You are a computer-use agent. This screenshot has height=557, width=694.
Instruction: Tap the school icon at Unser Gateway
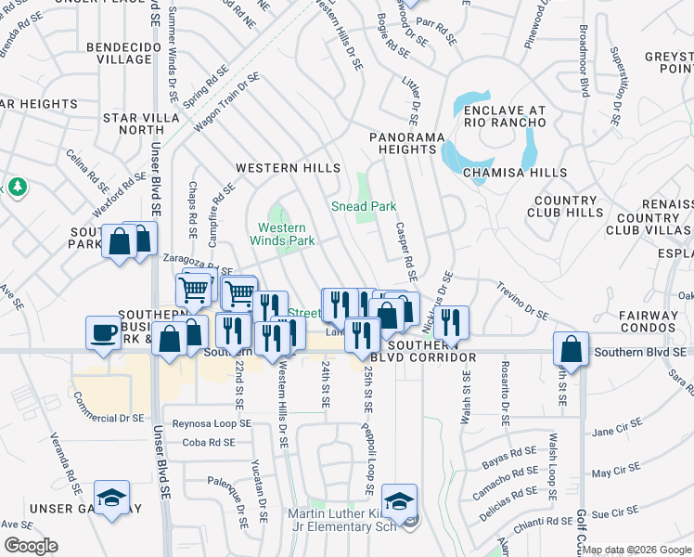(111, 499)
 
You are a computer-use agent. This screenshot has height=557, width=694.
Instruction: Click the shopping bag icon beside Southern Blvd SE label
(572, 351)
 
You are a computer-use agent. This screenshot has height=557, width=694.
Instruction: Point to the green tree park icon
(17, 188)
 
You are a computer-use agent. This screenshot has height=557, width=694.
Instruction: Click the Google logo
(31, 546)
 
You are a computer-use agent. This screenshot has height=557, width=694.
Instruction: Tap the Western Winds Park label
(281, 234)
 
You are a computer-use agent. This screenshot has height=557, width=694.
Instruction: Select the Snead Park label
(365, 206)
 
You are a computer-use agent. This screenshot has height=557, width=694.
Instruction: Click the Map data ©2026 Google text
(636, 550)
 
